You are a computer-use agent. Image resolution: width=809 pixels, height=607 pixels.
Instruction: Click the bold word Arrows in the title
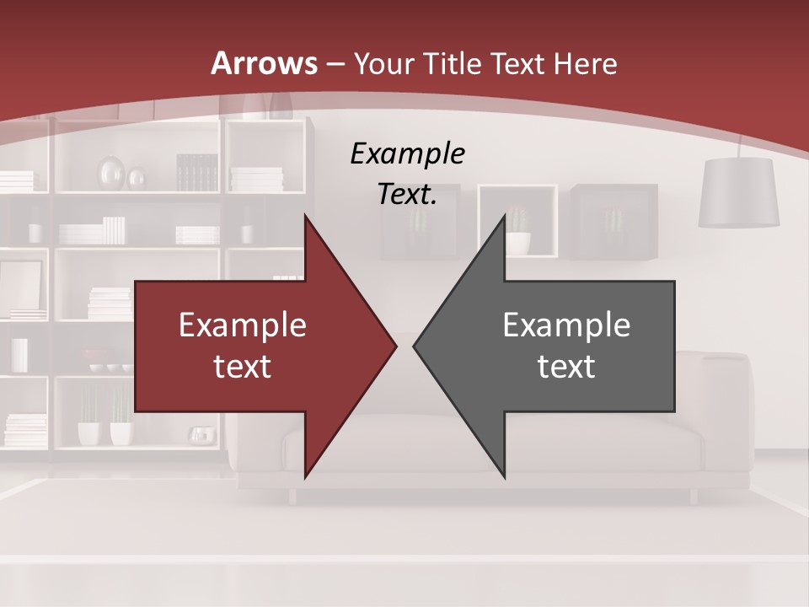[x=264, y=63]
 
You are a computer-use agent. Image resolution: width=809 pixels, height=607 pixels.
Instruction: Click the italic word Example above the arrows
[x=407, y=154]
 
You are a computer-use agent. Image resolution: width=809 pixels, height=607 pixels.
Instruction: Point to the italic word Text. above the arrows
[x=407, y=195]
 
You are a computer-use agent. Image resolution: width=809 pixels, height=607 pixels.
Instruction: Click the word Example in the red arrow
[x=243, y=325]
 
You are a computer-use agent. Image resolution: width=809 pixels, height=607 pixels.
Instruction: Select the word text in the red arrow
[x=243, y=366]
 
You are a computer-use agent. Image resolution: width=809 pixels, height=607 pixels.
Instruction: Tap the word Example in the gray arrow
[x=566, y=325]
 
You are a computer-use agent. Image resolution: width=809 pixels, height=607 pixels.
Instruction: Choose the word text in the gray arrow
[x=566, y=366]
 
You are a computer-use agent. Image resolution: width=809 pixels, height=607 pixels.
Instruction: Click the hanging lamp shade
[x=739, y=193]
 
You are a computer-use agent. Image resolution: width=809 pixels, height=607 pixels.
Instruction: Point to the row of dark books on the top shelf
[x=197, y=172]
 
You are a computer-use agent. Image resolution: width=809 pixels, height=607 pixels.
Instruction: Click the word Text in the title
[x=519, y=63]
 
